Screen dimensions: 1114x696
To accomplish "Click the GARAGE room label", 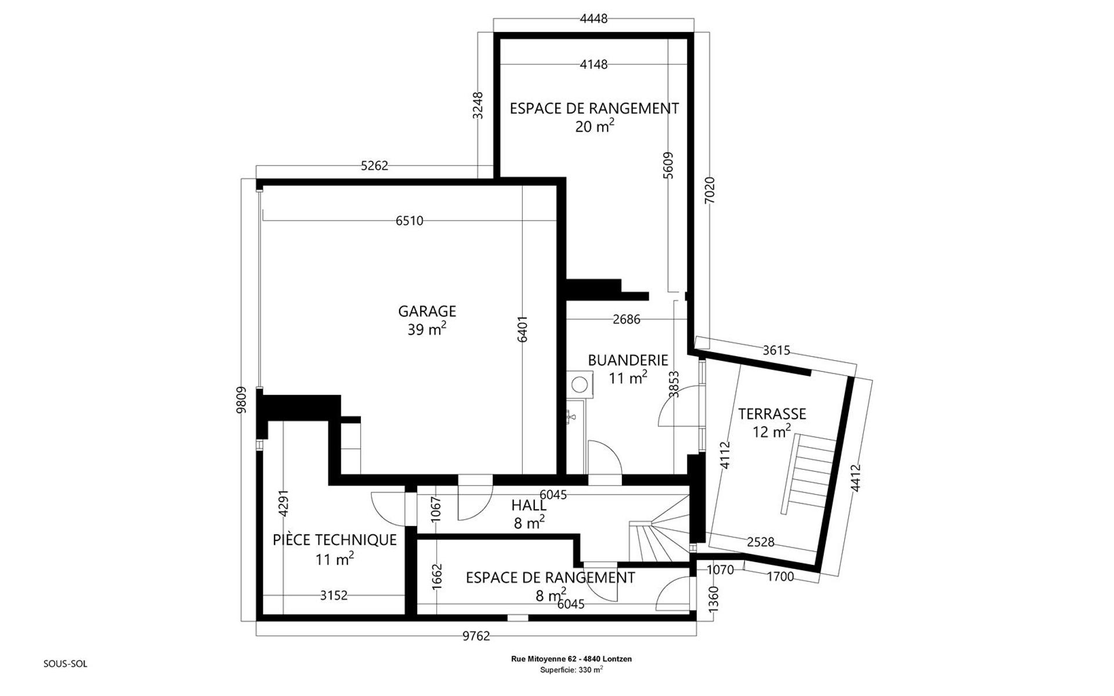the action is (x=427, y=311).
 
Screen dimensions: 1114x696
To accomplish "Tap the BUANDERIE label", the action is (x=628, y=360).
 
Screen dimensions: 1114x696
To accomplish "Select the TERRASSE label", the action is (x=772, y=414).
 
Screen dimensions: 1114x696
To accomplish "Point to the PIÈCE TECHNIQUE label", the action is (x=335, y=540).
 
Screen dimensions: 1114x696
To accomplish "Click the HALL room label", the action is (x=529, y=506).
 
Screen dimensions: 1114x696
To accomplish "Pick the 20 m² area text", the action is (x=594, y=126).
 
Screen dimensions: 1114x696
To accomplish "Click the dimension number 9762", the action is (x=476, y=636).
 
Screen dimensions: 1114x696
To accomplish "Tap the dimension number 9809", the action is (x=242, y=400).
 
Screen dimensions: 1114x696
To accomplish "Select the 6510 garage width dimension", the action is (x=410, y=221).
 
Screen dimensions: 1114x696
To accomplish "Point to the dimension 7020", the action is (x=710, y=190).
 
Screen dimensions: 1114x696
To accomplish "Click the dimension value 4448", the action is (x=594, y=19).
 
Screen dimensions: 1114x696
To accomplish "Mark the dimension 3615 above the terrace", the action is (x=776, y=350).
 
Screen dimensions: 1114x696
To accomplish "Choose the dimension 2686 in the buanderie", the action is (x=627, y=319).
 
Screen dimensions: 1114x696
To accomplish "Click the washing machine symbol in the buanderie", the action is (x=579, y=384).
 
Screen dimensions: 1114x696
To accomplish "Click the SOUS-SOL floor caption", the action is (x=66, y=664).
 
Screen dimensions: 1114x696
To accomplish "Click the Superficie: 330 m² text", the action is (x=572, y=669).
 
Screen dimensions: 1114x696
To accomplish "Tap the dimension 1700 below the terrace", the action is (x=780, y=577).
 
